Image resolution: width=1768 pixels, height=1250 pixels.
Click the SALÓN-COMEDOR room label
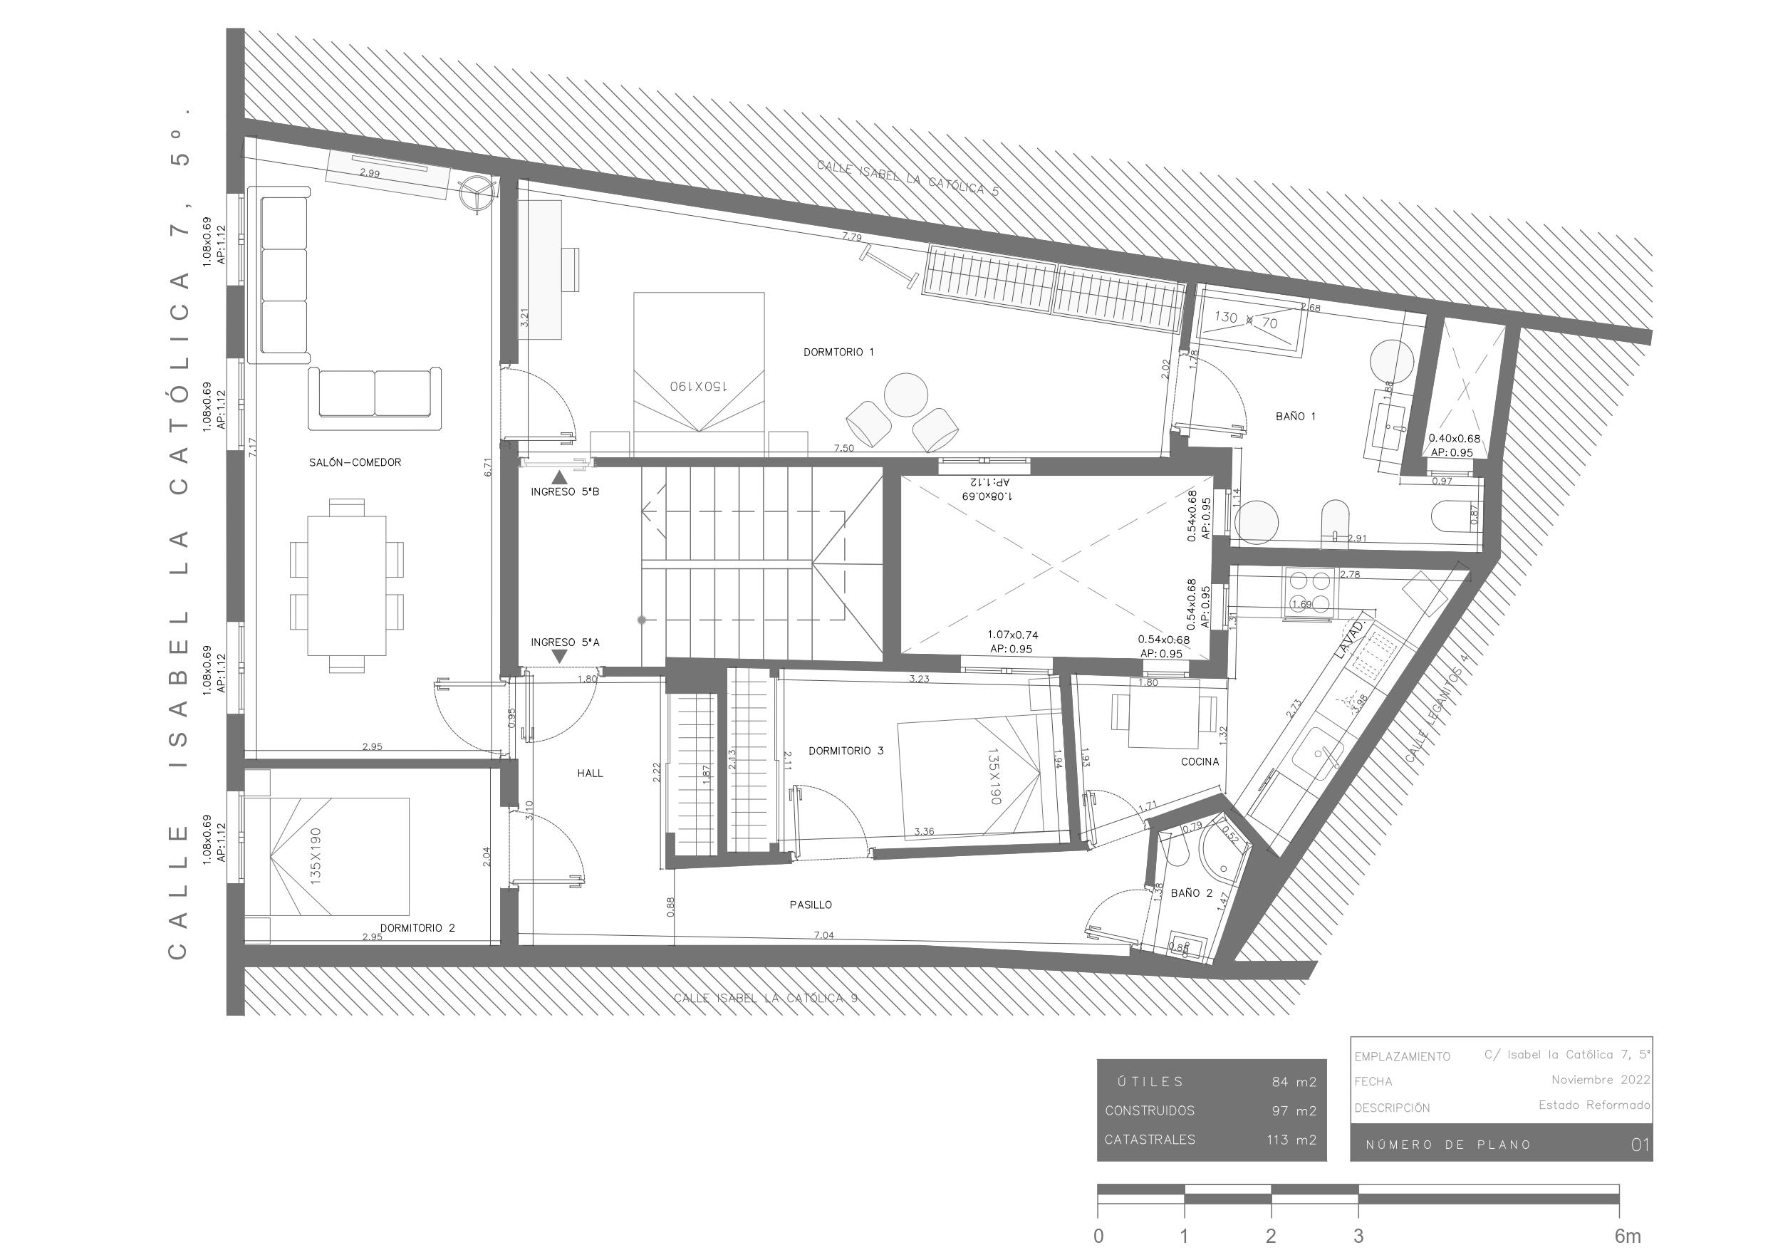pyautogui.click(x=355, y=463)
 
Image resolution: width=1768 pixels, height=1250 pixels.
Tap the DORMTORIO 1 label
pyautogui.click(x=838, y=353)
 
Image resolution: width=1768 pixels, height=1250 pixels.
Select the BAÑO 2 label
pyautogui.click(x=1191, y=893)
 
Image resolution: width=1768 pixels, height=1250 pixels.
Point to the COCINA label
pyautogui.click(x=1200, y=761)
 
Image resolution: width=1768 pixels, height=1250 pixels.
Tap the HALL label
pyautogui.click(x=590, y=774)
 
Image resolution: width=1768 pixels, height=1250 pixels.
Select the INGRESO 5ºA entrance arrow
pyautogui.click(x=560, y=655)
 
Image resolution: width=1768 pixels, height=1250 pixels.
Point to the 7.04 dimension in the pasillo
pyautogui.click(x=823, y=936)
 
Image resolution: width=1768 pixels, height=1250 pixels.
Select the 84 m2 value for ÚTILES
pyautogui.click(x=1294, y=1082)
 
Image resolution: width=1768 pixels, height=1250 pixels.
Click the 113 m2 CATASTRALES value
pyautogui.click(x=1291, y=1140)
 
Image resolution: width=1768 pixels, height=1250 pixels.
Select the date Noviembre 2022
pyautogui.click(x=1600, y=1080)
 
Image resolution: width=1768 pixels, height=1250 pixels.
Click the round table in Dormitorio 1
pyautogui.click(x=905, y=395)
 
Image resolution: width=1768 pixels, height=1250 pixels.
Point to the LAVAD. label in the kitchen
pyautogui.click(x=1353, y=638)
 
